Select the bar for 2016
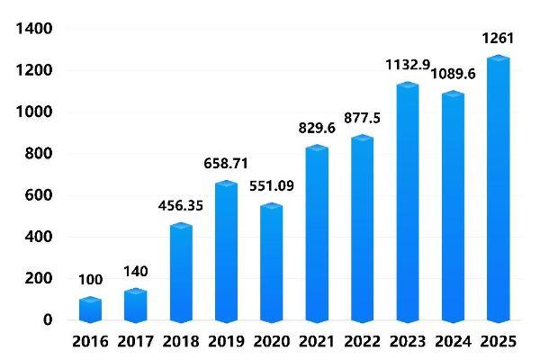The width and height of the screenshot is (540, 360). pyautogui.click(x=90, y=310)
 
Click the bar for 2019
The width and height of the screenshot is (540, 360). pyautogui.click(x=227, y=252)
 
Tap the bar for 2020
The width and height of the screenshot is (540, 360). pyautogui.click(x=272, y=263)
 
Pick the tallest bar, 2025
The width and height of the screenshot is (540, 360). pyautogui.click(x=498, y=189)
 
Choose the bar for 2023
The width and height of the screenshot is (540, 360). pyautogui.click(x=408, y=202)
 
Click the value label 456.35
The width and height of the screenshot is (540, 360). pyautogui.click(x=181, y=206)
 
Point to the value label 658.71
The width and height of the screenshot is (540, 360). pyautogui.click(x=227, y=164)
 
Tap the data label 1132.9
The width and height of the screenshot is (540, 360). pyautogui.click(x=408, y=65)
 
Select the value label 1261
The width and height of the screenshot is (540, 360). pyautogui.click(x=498, y=38)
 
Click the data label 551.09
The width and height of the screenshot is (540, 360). pyautogui.click(x=272, y=186)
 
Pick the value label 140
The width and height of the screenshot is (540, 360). pyautogui.click(x=135, y=271)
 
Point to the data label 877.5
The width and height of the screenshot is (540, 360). pyautogui.click(x=363, y=117)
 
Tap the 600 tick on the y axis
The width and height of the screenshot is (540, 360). pyautogui.click(x=39, y=195)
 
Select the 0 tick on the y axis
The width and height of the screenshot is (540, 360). pyautogui.click(x=48, y=320)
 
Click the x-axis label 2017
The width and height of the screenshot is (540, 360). pyautogui.click(x=135, y=342)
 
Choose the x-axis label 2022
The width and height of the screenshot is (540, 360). pyautogui.click(x=363, y=342)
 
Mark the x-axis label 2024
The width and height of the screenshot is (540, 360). pyautogui.click(x=453, y=342)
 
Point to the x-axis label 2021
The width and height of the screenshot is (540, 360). pyautogui.click(x=317, y=342)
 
